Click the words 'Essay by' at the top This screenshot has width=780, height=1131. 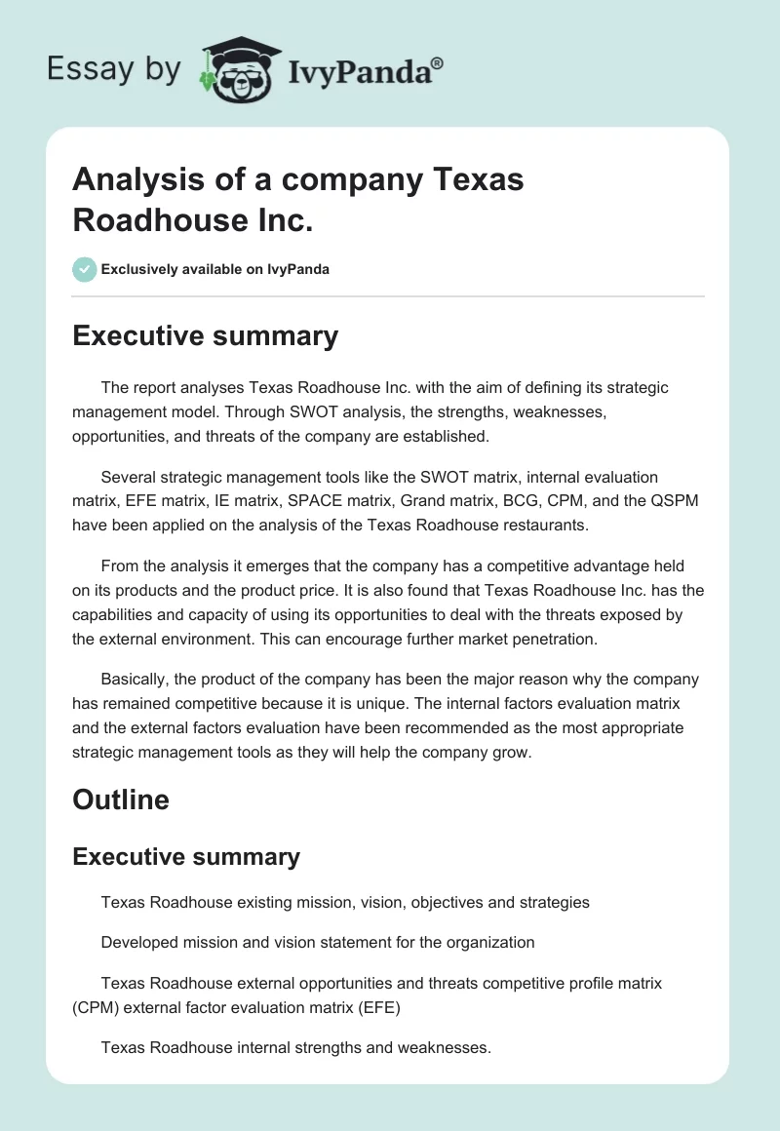click(x=114, y=70)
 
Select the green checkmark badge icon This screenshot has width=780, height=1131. click(x=84, y=269)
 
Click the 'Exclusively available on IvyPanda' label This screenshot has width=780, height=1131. click(x=214, y=269)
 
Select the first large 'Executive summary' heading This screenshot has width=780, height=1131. click(x=205, y=335)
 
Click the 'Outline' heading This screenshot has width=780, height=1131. click(x=121, y=799)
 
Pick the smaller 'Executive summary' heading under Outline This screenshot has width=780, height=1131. click(x=186, y=856)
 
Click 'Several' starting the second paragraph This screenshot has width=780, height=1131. click(x=127, y=477)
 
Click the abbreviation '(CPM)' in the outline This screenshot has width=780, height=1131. click(x=100, y=1008)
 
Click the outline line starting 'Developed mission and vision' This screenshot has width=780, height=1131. click(x=318, y=943)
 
